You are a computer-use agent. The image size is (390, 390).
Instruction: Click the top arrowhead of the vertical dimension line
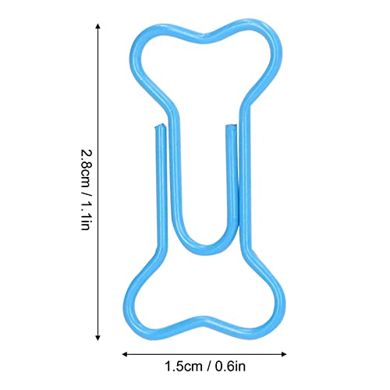coord(97,26)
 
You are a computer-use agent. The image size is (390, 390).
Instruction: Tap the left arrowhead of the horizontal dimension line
coord(125,354)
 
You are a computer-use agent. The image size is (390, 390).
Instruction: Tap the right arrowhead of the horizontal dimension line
coord(284,354)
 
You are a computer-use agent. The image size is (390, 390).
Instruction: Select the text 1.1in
coord(86,216)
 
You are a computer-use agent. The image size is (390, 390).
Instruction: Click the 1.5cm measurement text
coord(183,367)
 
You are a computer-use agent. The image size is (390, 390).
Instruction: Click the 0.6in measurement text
coord(230,367)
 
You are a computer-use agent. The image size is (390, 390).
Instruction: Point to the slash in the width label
coord(209,367)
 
